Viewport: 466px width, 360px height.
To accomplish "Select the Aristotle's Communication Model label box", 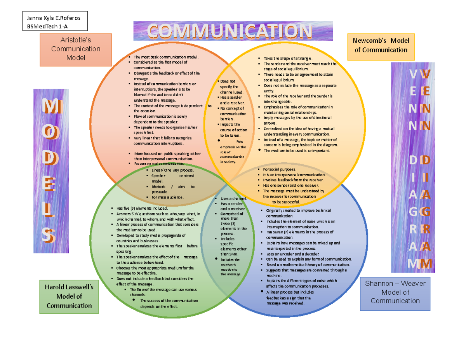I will click(x=75, y=49).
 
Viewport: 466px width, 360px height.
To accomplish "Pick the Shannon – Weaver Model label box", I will click(x=395, y=292).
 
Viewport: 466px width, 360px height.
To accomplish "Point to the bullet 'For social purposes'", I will click(x=279, y=170).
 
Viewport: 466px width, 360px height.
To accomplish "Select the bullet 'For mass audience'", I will click(x=167, y=197).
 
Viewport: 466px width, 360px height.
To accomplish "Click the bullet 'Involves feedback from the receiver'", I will click(x=293, y=180).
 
